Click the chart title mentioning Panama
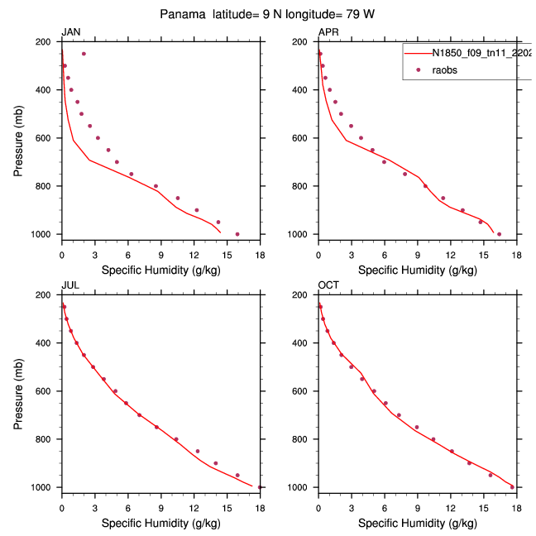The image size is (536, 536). coord(268,15)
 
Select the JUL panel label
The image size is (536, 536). coord(69,286)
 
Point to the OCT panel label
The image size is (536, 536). coord(328,286)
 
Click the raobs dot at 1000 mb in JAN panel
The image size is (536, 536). coord(237,234)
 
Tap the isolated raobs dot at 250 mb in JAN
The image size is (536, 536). coord(84,54)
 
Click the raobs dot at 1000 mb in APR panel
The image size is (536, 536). coord(499,234)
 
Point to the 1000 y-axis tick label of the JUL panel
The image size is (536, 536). coord(45,487)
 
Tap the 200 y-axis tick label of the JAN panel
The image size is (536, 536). coord(48,41)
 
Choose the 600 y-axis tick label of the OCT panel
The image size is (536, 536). coord(304,391)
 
